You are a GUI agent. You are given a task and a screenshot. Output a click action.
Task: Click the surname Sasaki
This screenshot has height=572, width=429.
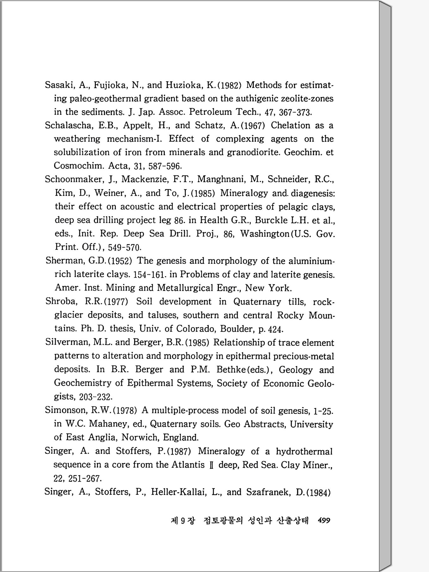click(59, 85)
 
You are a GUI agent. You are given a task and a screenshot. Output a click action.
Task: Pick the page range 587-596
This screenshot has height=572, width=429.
click(165, 166)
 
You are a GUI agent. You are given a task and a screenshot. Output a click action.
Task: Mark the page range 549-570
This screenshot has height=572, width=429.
click(125, 247)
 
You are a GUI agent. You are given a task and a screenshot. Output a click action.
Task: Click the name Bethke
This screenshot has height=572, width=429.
click(231, 370)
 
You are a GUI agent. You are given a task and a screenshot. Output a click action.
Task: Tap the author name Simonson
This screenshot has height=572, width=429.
click(66, 410)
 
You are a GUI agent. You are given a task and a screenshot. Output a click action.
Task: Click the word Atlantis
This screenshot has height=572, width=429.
click(188, 465)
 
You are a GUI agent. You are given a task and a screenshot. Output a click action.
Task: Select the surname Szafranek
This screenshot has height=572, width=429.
click(268, 492)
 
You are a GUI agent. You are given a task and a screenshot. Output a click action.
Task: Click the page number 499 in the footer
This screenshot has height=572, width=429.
click(324, 520)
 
